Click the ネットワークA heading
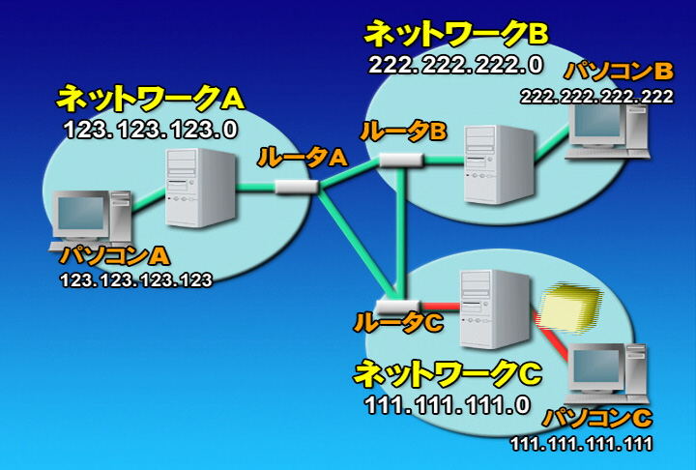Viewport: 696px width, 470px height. tap(151, 99)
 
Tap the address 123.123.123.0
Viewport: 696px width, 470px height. tap(151, 131)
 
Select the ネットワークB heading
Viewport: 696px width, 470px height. tap(456, 34)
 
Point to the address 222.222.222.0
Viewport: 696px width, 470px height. tap(456, 66)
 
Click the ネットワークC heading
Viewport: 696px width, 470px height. tap(448, 373)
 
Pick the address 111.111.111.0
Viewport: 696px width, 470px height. tap(448, 405)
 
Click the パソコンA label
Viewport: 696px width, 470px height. tap(115, 256)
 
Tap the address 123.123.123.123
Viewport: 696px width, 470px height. tap(136, 280)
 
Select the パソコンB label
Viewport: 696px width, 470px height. tap(620, 71)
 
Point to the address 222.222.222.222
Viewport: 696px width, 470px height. tap(596, 97)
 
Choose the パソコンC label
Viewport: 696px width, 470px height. tap(598, 418)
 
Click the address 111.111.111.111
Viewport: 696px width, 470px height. tap(582, 444)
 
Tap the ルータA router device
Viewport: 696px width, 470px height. tap(297, 187)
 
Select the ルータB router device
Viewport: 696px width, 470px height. tap(401, 160)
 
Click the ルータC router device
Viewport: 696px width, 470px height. tap(397, 306)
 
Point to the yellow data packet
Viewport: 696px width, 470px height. tap(569, 308)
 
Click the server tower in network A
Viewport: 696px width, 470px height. tap(200, 187)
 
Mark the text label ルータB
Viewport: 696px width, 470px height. tap(403, 132)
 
